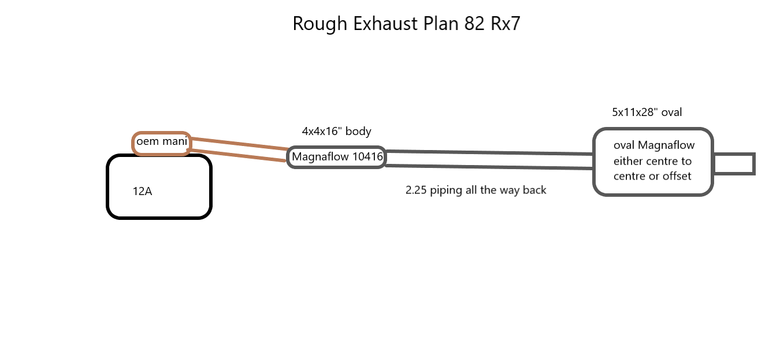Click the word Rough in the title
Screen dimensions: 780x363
(x=320, y=24)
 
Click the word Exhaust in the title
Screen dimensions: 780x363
(x=385, y=24)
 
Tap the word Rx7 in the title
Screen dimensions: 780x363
(x=505, y=24)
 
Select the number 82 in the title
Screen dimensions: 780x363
(x=474, y=24)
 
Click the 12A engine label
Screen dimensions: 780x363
(x=142, y=191)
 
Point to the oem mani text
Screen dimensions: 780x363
(x=162, y=141)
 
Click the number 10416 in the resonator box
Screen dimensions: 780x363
(x=367, y=156)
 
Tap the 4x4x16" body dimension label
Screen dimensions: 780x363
(x=336, y=131)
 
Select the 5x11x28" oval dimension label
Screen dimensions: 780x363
(x=647, y=112)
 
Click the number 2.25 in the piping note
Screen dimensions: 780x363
(x=416, y=190)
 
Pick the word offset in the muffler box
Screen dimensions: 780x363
(x=677, y=176)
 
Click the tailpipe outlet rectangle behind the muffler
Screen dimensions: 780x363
(x=734, y=164)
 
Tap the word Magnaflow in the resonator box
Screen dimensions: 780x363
(x=320, y=157)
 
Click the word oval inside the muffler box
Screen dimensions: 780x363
(x=624, y=145)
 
